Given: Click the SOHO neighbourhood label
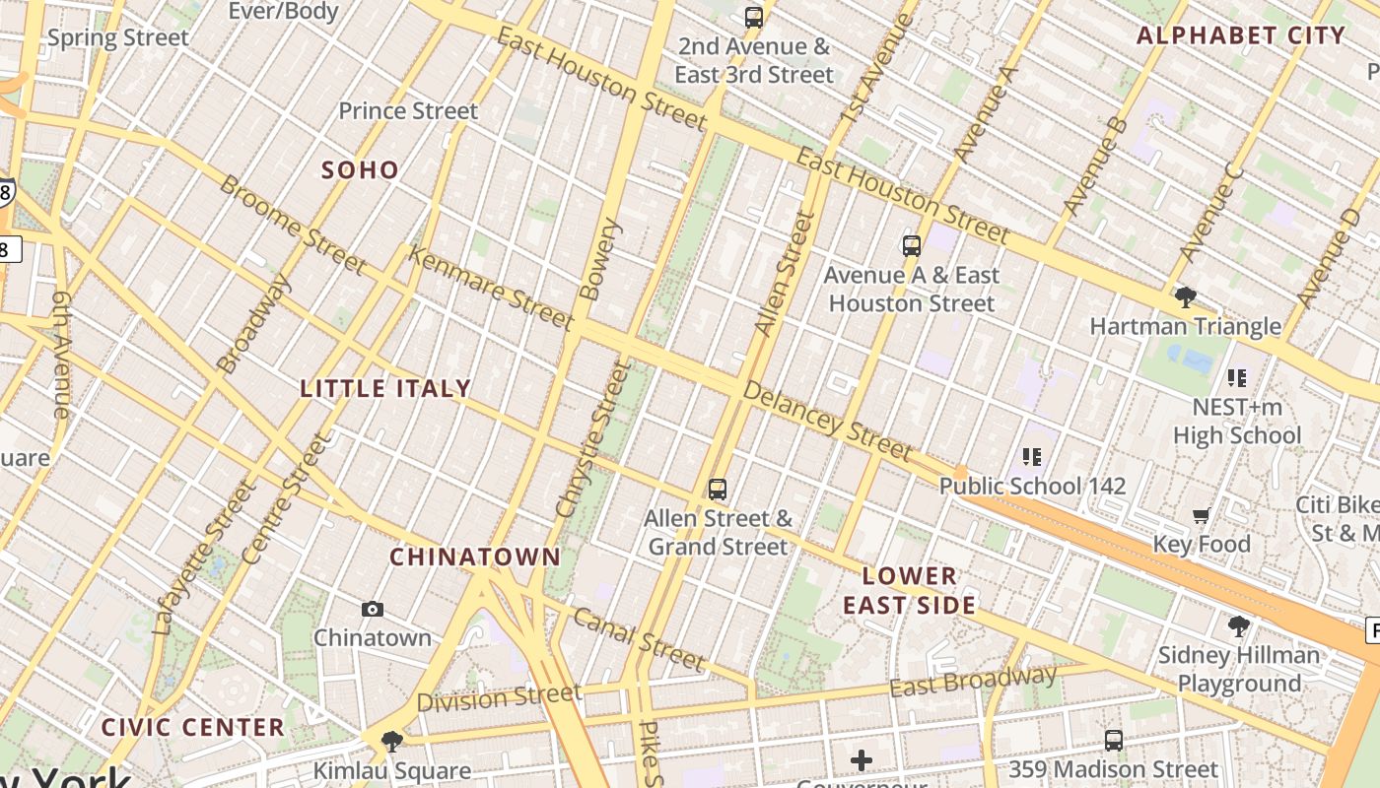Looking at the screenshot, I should tap(360, 169).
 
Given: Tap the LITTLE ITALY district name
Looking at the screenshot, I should tap(385, 388).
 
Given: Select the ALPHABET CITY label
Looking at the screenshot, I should tap(1241, 36).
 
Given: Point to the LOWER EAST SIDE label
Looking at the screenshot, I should tap(909, 590).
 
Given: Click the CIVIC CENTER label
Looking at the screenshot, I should tap(193, 728).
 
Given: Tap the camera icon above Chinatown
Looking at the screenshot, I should tap(373, 609).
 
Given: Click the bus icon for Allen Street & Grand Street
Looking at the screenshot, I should tap(718, 489).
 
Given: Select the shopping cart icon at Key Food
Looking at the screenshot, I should tap(1201, 515).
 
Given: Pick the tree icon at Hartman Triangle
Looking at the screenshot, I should tap(1185, 296).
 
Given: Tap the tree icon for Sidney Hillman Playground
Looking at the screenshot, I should tap(1238, 625).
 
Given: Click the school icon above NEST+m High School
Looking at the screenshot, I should tap(1237, 377).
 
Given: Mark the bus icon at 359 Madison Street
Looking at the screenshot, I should tap(1114, 740).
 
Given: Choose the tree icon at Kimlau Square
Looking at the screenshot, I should tap(391, 741).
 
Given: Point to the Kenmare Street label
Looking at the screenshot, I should tap(491, 288).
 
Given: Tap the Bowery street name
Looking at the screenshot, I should tap(601, 259).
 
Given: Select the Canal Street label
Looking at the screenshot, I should tap(639, 639).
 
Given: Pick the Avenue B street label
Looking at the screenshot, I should tap(1095, 166).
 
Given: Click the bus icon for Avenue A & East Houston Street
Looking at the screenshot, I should tap(912, 245).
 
